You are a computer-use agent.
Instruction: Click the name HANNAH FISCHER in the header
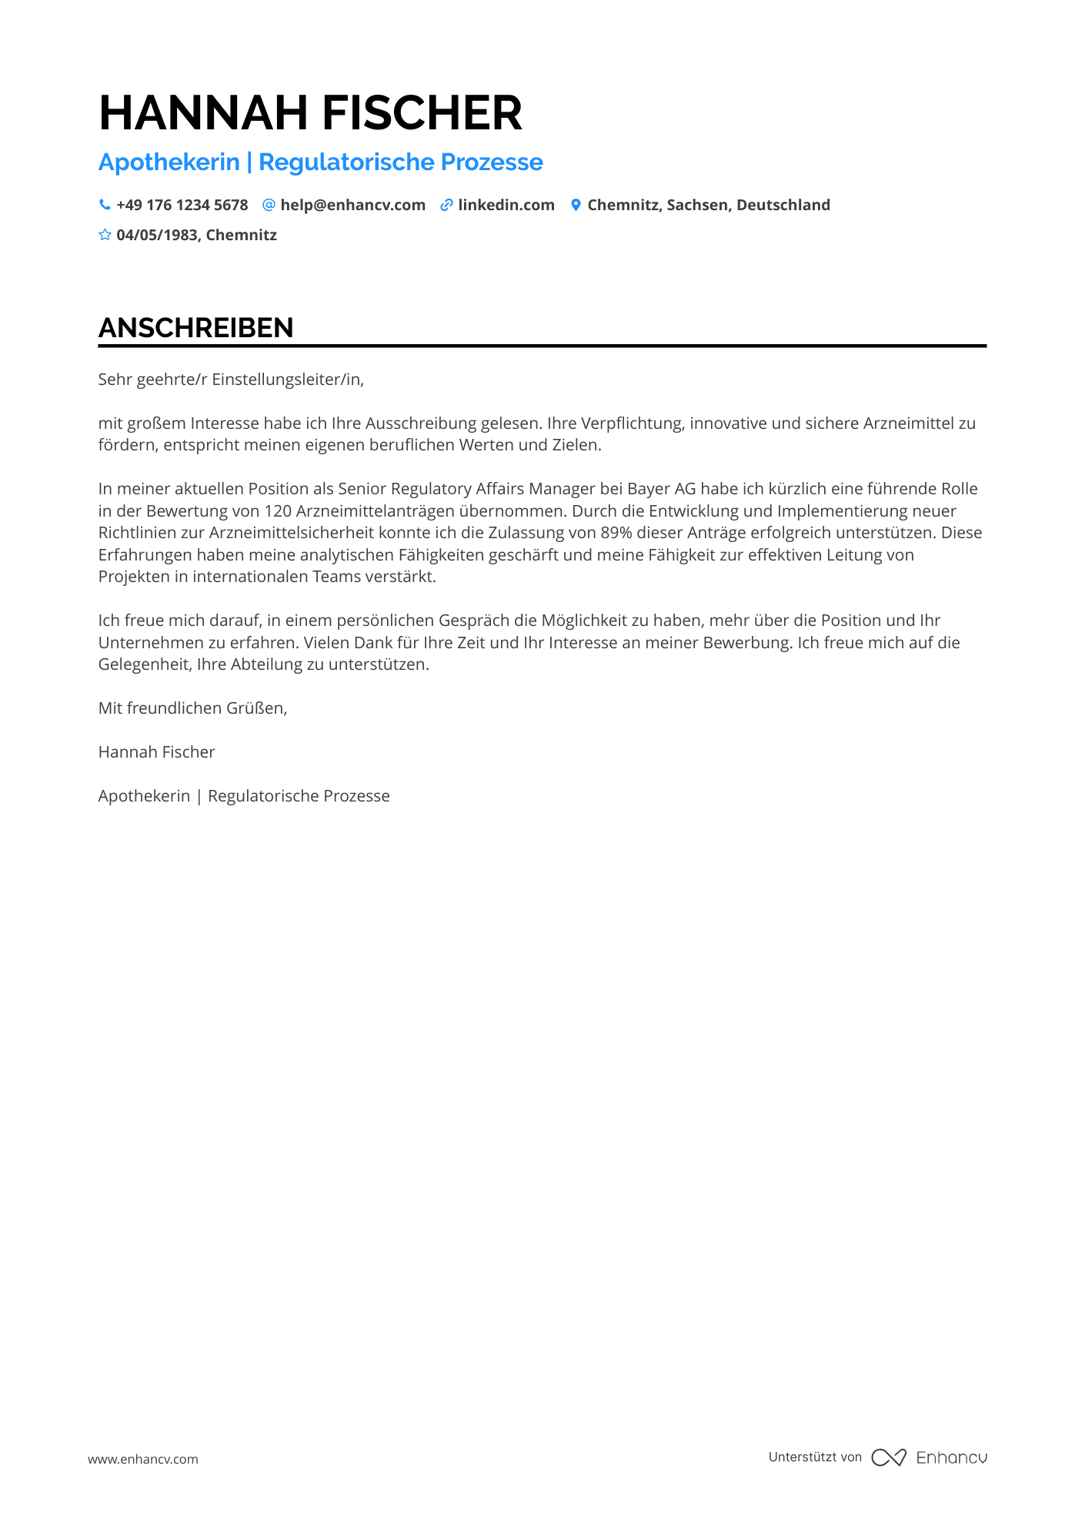point(310,113)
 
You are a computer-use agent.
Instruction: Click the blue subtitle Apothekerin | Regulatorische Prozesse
point(320,162)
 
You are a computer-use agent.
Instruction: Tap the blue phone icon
point(105,205)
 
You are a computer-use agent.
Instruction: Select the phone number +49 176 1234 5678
point(182,206)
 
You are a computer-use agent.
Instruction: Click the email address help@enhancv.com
point(352,206)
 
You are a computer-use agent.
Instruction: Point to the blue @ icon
point(269,205)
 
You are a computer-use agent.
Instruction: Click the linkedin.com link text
point(506,206)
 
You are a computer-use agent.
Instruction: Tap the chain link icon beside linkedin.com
point(446,205)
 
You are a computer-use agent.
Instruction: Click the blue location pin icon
point(576,205)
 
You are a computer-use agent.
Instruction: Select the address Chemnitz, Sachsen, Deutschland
point(709,206)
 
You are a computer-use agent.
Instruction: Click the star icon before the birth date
point(105,235)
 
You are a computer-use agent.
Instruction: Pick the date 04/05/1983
point(157,236)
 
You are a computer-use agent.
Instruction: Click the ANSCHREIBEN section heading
point(195,328)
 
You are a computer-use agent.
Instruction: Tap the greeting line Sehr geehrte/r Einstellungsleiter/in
point(231,380)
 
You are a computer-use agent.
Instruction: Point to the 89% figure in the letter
point(616,533)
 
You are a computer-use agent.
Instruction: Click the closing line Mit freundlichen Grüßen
point(192,708)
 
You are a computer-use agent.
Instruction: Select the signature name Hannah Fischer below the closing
point(156,752)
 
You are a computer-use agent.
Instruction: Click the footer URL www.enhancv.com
point(142,1459)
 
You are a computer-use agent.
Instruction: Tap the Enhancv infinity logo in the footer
point(889,1457)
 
